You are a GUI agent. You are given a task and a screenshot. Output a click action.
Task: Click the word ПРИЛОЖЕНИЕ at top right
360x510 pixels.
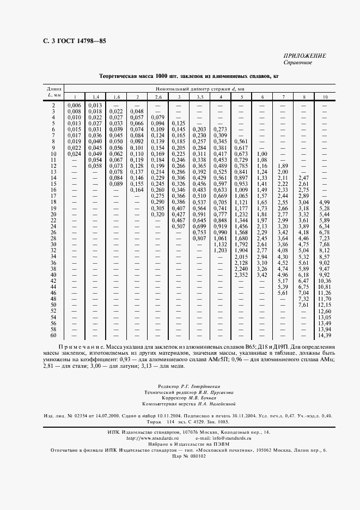coord(304,56)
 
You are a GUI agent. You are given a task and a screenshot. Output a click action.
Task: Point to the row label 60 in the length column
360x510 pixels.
coord(53,335)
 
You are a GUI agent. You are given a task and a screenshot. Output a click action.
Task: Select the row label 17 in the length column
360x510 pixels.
coord(53,196)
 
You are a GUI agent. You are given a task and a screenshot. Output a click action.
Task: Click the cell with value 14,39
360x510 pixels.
coord(325,335)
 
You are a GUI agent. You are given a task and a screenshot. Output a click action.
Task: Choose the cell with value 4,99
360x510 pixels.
coord(325,202)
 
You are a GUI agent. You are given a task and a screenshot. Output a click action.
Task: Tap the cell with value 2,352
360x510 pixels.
coord(240,275)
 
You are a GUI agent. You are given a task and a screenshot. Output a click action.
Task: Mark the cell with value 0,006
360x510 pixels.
coord(74,105)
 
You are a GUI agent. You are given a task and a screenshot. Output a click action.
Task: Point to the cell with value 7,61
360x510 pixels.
coord(303,305)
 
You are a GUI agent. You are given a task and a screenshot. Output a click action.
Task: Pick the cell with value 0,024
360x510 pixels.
coord(74,154)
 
